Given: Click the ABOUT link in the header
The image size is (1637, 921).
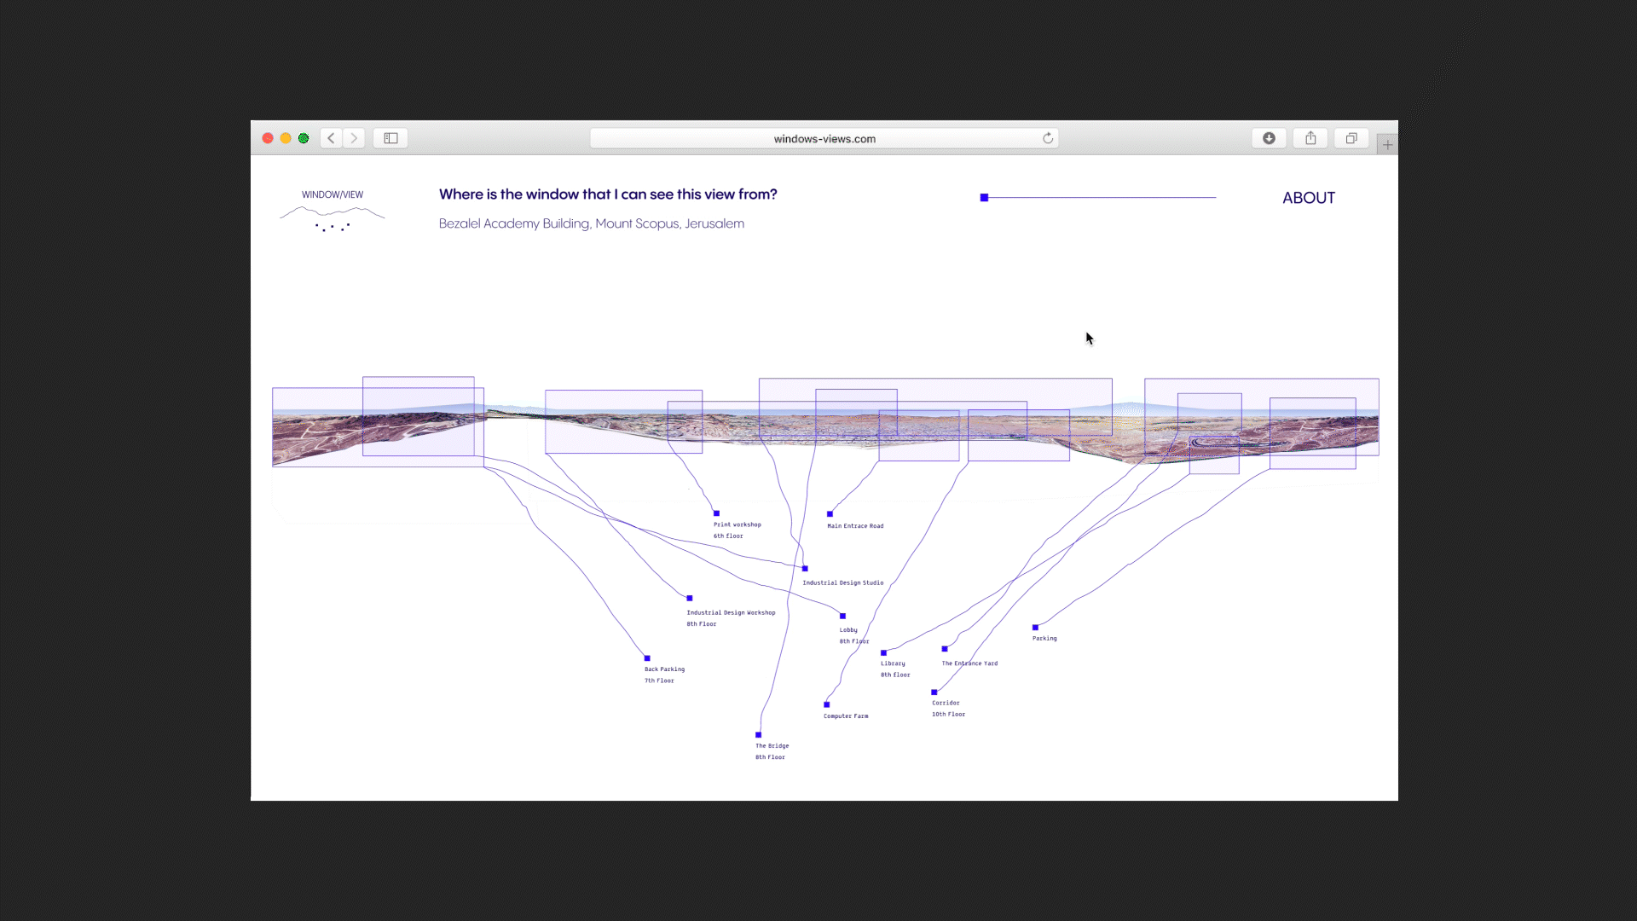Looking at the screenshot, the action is tap(1308, 198).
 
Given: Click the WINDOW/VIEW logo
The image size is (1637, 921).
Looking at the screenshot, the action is tap(333, 209).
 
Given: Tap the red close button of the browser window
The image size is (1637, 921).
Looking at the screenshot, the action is tap(268, 138).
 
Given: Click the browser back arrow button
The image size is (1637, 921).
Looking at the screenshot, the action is tap(332, 138).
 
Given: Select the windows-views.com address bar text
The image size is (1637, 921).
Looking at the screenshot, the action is tap(824, 139).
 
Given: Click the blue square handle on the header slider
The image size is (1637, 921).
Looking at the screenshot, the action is tap(984, 198).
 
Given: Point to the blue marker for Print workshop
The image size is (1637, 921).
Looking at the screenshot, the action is tap(716, 513).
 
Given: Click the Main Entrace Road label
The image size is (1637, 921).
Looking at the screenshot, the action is tap(855, 526).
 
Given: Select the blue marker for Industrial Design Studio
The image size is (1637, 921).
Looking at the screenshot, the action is tap(805, 569).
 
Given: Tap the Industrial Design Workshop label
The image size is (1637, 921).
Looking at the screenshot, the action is tap(731, 613).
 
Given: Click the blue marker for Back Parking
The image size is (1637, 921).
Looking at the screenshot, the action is tap(647, 658).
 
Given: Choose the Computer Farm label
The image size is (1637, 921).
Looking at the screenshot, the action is tap(846, 716).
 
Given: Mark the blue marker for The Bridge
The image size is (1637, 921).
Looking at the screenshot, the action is tap(758, 735).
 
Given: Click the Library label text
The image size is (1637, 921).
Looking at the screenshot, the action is tap(893, 663).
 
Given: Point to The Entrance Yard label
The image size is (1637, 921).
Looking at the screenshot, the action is tap(969, 663).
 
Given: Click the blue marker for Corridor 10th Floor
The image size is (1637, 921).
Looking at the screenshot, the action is tap(934, 692).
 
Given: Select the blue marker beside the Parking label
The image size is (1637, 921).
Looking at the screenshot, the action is tap(1035, 628).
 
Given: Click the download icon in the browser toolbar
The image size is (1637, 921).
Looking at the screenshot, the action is tap(1269, 138).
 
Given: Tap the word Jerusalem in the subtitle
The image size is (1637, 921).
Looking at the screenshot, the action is tap(714, 223).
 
